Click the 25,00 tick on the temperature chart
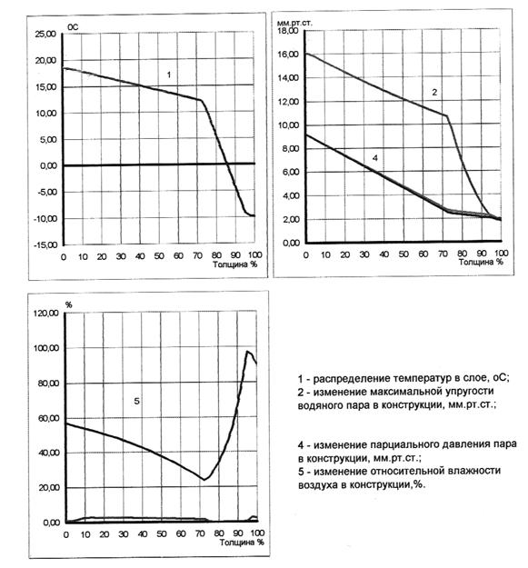click(x=45, y=34)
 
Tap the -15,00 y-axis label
click(x=45, y=244)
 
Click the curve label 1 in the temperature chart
click(x=168, y=75)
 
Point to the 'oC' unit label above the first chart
click(x=73, y=27)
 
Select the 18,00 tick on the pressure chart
click(x=288, y=31)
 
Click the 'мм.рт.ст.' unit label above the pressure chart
click(x=294, y=23)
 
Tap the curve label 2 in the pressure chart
click(x=434, y=93)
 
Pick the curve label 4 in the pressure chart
click(x=375, y=158)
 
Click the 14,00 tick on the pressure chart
click(x=288, y=78)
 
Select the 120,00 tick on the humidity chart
click(x=46, y=313)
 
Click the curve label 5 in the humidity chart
click(x=136, y=402)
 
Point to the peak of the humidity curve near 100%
click(x=248, y=351)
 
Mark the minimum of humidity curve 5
click(x=204, y=480)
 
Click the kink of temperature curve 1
click(x=200, y=100)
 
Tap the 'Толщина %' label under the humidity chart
click(x=242, y=543)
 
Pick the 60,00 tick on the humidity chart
click(x=48, y=418)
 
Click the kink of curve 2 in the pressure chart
click(x=446, y=115)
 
